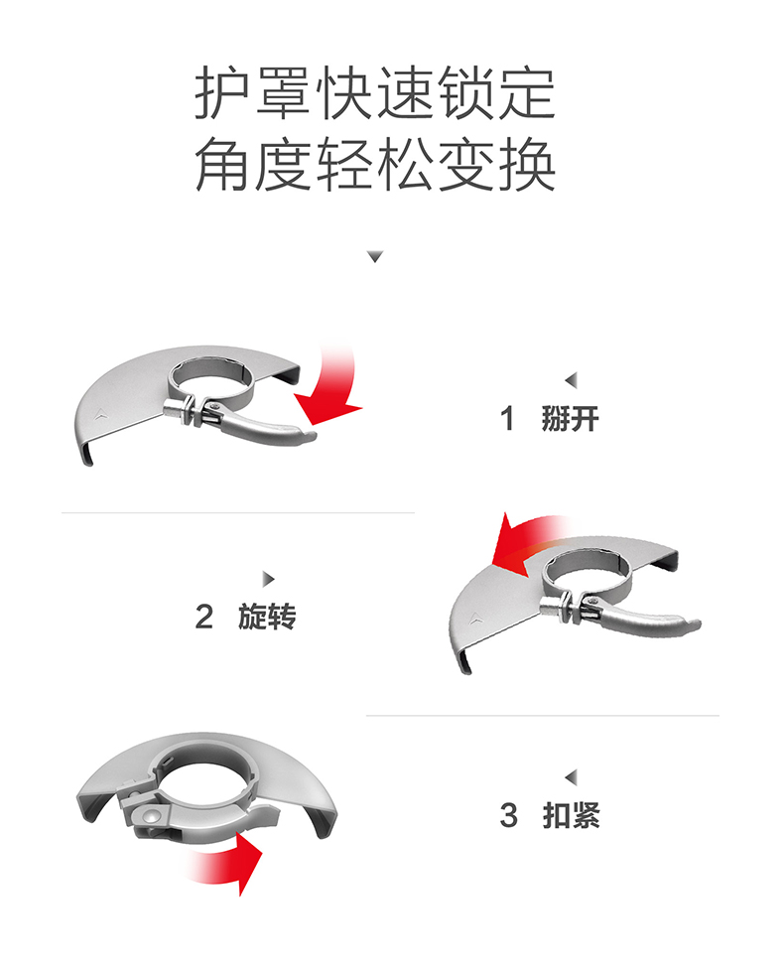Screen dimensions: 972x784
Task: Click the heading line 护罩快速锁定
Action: coord(374,94)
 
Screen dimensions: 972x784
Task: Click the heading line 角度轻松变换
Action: coord(374,165)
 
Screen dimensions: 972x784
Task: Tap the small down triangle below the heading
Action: coord(374,257)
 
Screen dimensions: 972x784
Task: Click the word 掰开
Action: coord(571,419)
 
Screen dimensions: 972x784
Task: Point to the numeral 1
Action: coord(508,419)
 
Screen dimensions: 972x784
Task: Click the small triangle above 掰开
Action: coord(571,380)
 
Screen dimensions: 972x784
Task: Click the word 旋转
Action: coord(267,617)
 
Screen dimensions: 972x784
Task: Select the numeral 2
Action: coord(204,617)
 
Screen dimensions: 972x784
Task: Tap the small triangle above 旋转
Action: coord(267,579)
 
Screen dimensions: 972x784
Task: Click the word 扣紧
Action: coord(571,815)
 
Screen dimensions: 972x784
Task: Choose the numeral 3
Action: coord(509,815)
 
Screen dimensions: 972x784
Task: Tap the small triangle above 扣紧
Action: coord(571,776)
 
